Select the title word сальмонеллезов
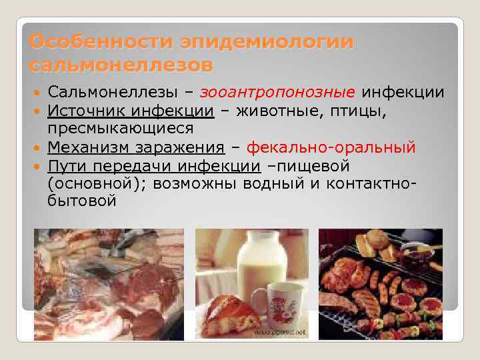click(x=122, y=66)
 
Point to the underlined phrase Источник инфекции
click(x=131, y=111)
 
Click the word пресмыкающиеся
click(x=121, y=128)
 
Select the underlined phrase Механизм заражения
click(x=136, y=147)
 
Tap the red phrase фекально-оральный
click(x=331, y=147)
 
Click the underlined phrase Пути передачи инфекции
click(x=154, y=165)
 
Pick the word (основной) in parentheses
click(x=97, y=183)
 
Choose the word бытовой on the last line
click(x=82, y=201)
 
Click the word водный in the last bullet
click(x=279, y=183)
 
